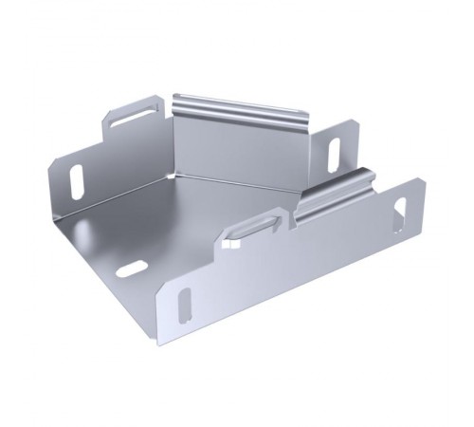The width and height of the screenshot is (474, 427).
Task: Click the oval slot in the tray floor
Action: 132,269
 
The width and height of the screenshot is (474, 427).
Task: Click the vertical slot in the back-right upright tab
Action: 334,154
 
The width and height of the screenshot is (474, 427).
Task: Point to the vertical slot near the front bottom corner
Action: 185,303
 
